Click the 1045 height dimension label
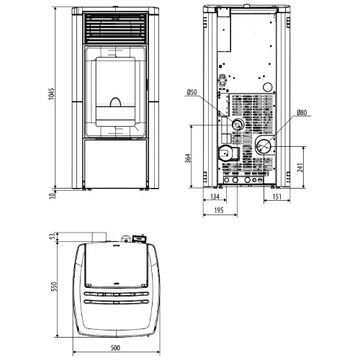tap(51, 94)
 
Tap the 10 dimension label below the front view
tap(52, 196)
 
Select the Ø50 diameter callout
tap(192, 92)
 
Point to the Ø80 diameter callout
tap(302, 112)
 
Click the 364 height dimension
tap(188, 158)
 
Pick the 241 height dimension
tap(300, 167)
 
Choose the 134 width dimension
tap(215, 197)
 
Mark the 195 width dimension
tap(219, 210)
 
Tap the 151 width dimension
tap(276, 197)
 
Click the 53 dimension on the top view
tap(53, 236)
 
